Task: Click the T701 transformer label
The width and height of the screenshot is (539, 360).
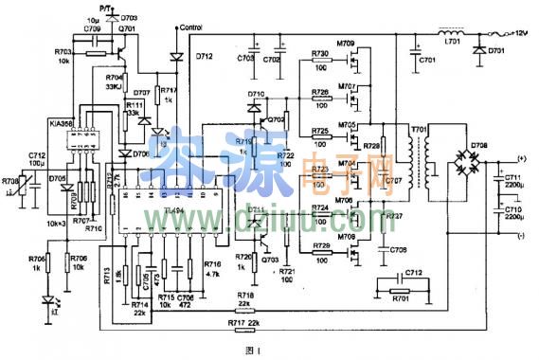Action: (418, 129)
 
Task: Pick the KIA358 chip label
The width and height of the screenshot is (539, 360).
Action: (62, 123)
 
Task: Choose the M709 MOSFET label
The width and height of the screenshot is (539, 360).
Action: (345, 44)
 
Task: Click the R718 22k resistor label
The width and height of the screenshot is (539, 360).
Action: (245, 297)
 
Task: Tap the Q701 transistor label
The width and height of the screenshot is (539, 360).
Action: (126, 29)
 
